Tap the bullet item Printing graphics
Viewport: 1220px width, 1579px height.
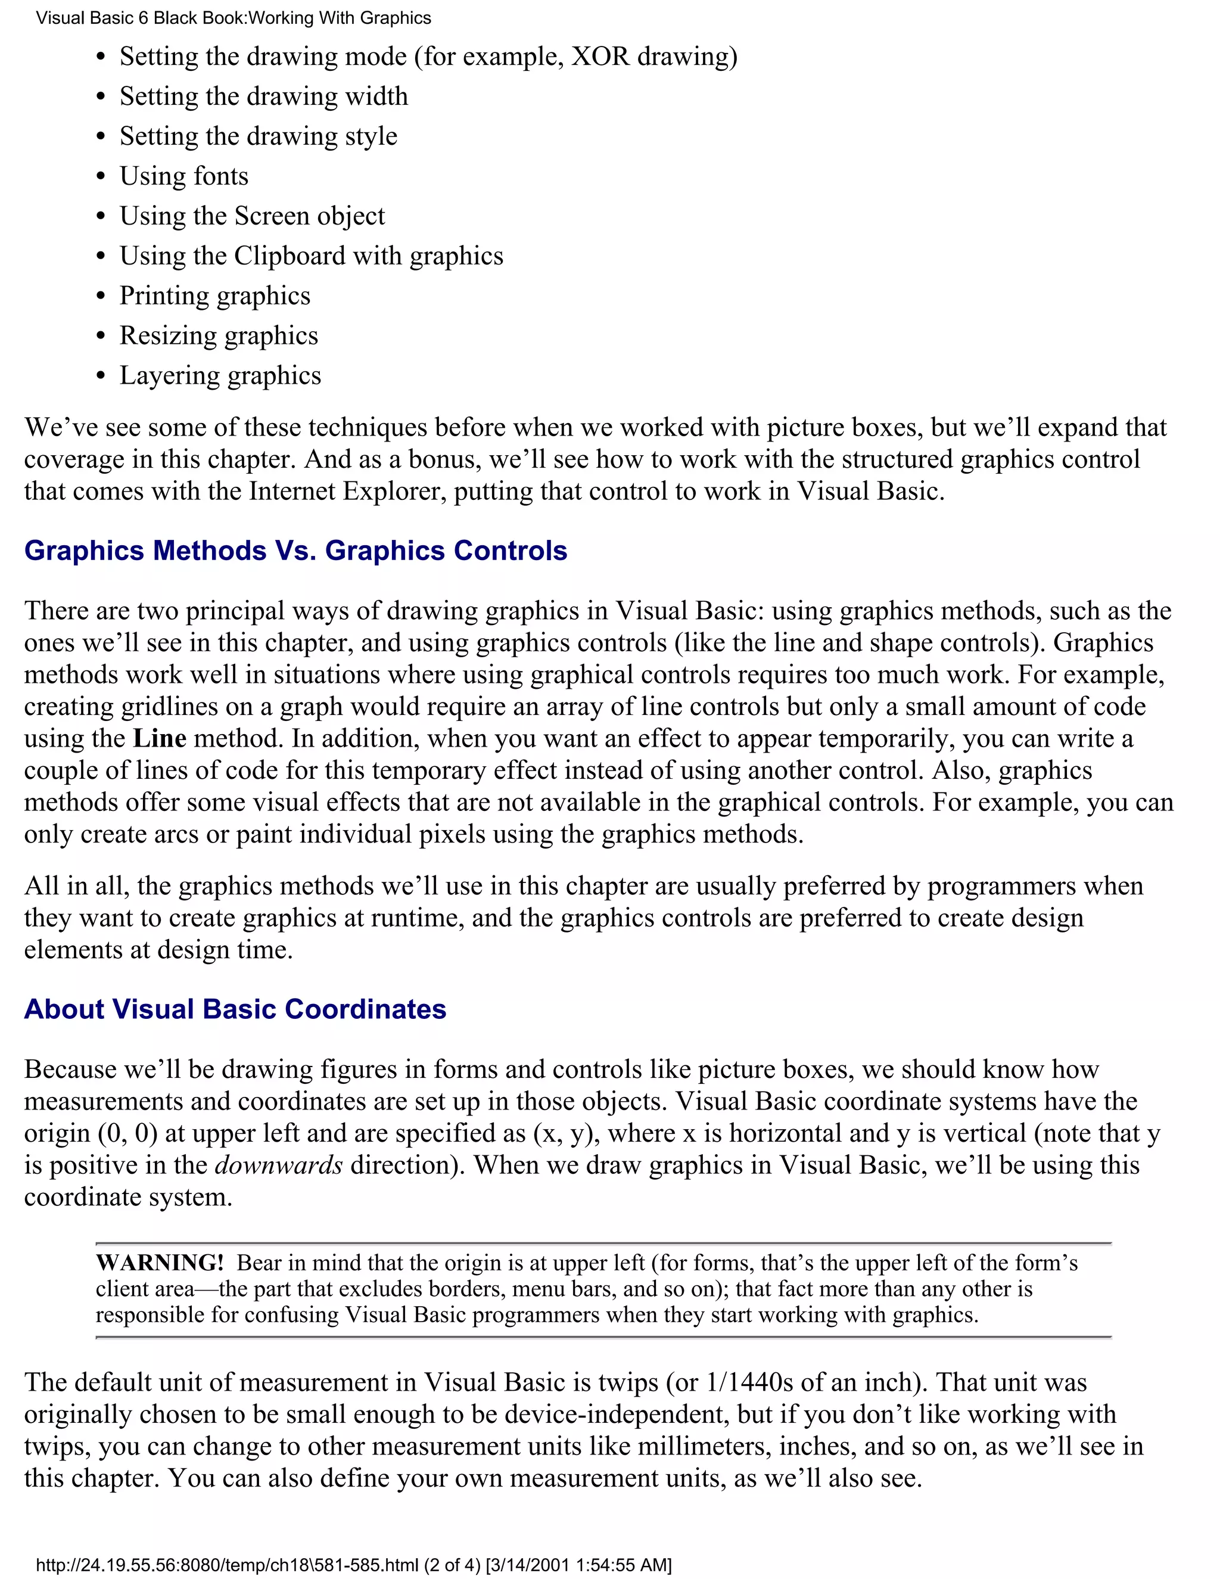tap(214, 296)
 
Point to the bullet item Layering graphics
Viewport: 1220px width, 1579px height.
tap(220, 376)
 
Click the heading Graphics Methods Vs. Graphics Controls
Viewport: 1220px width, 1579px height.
tap(295, 551)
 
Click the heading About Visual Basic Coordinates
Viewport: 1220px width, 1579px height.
tap(235, 1009)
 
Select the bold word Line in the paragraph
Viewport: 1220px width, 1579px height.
tap(160, 739)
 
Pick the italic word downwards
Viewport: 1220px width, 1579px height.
tap(279, 1165)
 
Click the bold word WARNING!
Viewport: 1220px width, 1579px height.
tap(160, 1263)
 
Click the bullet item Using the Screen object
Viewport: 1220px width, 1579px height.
tap(251, 216)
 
